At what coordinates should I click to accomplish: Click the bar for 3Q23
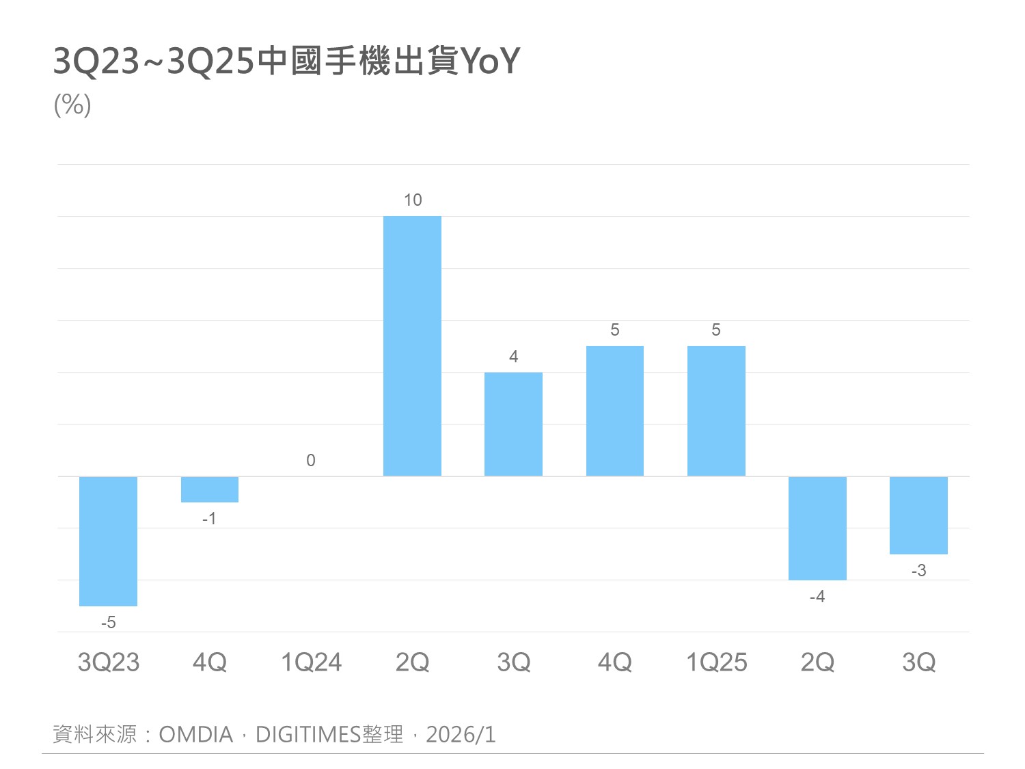point(108,541)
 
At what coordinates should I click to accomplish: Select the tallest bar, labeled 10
point(412,346)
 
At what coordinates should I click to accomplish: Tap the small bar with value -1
point(210,489)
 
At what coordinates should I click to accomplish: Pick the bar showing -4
point(817,528)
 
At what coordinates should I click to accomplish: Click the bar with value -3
point(918,515)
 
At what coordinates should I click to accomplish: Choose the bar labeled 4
point(513,424)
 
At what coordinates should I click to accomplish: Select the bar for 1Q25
point(716,411)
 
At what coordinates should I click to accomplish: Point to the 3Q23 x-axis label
point(108,662)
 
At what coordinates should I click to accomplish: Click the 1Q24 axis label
point(311,662)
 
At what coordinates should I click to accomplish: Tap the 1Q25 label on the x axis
point(716,662)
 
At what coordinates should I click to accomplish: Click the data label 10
point(413,200)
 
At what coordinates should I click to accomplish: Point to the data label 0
point(311,461)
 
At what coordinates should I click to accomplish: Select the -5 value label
point(108,623)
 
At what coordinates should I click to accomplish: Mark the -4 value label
point(817,597)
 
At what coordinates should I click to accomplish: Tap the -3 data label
point(918,571)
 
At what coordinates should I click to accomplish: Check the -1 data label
point(209,519)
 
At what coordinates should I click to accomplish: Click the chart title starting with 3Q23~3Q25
point(286,62)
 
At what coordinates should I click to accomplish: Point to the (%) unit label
point(72,105)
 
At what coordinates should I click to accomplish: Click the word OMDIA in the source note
point(196,735)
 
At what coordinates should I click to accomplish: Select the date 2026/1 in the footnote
point(461,735)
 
